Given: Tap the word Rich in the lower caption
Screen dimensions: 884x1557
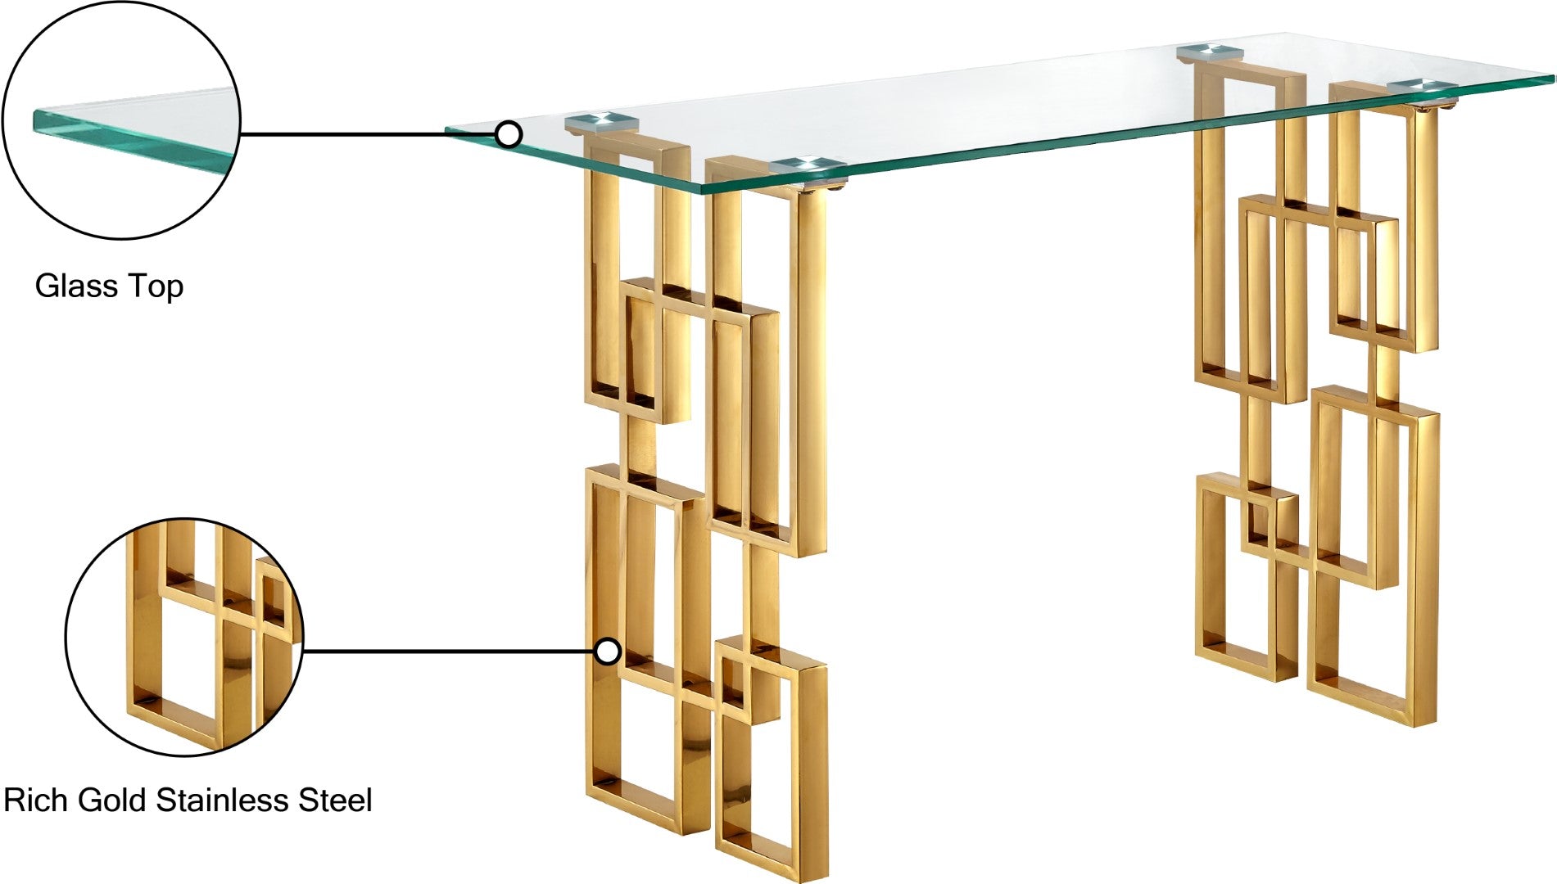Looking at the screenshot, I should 36,800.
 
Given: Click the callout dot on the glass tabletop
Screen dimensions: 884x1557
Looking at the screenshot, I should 509,134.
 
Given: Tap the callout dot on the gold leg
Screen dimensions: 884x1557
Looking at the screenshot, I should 607,652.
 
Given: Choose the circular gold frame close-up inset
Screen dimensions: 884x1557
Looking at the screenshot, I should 184,638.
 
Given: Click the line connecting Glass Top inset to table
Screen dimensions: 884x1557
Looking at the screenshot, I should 369,134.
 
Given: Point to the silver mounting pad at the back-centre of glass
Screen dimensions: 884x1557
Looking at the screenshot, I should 1210,54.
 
